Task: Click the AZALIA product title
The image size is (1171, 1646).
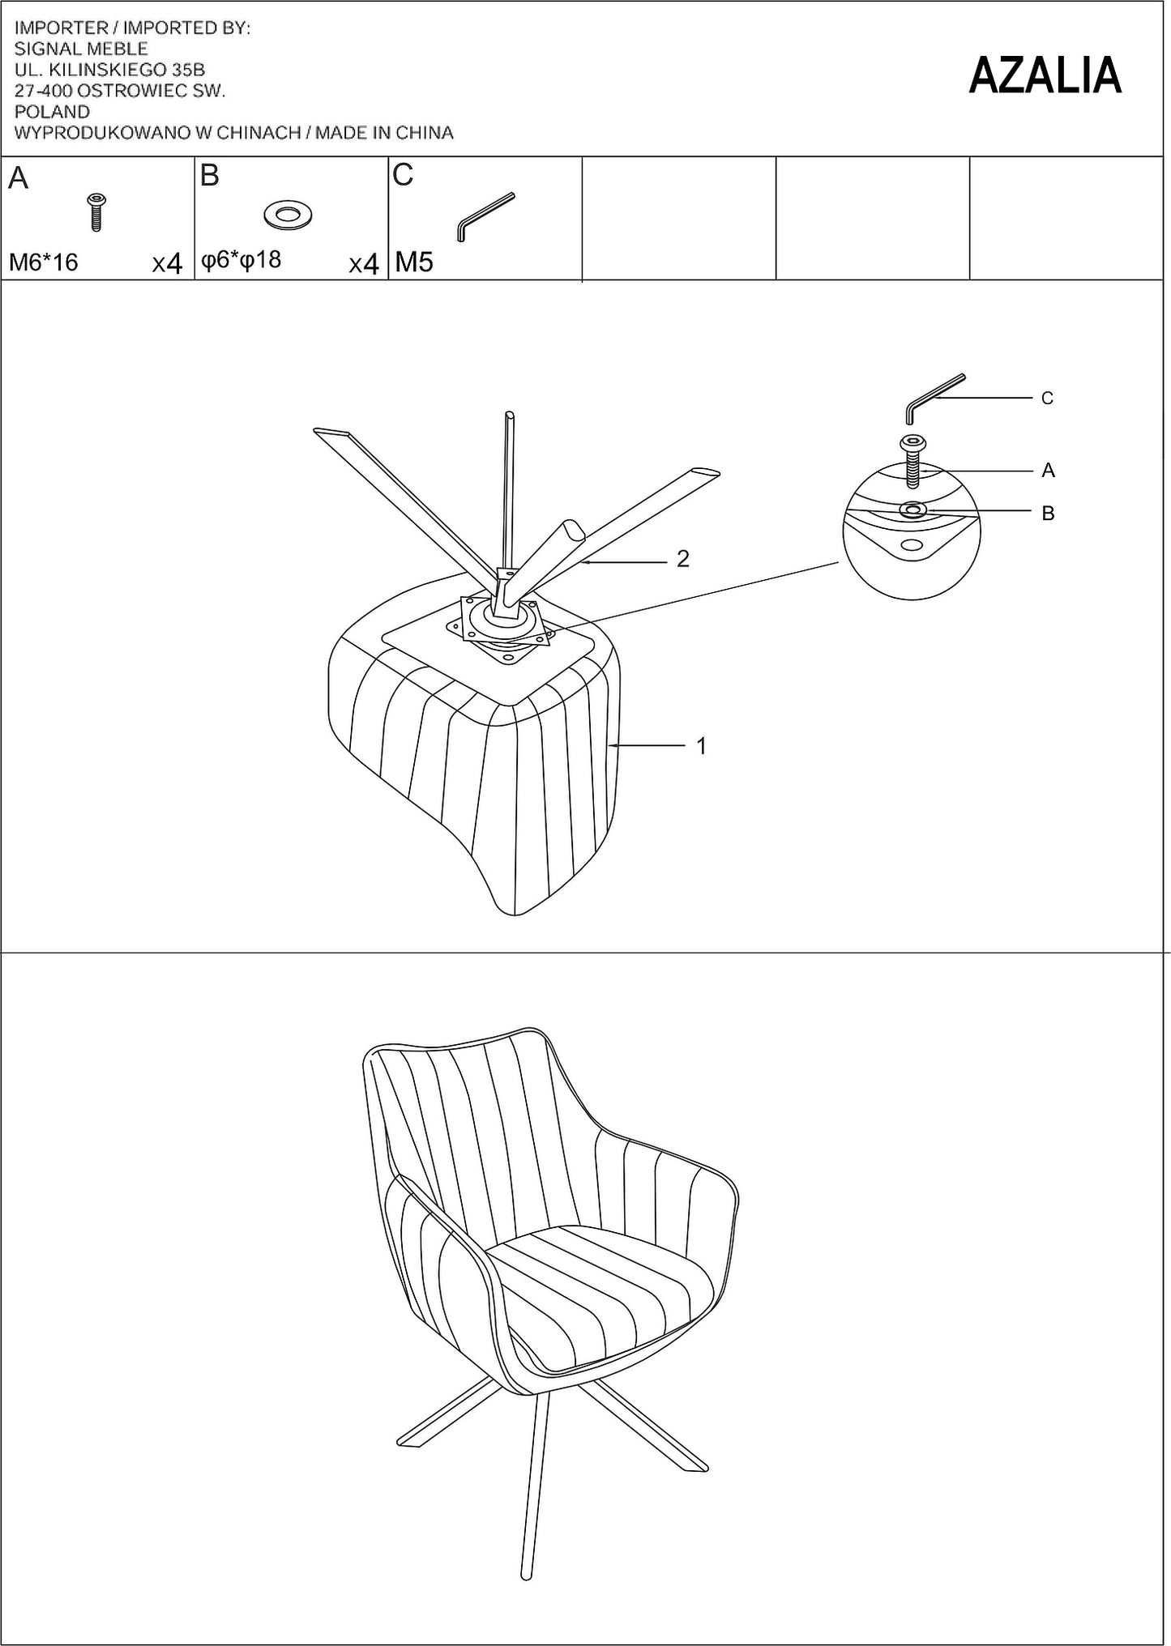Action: (x=1045, y=75)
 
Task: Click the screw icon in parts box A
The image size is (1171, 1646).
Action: (x=97, y=212)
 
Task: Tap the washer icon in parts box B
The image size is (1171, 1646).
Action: (x=288, y=215)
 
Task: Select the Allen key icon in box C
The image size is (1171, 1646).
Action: (x=485, y=215)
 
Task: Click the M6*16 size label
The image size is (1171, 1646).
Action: (x=44, y=262)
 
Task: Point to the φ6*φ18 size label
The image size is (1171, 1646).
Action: (x=241, y=259)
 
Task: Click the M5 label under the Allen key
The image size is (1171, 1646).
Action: (x=414, y=262)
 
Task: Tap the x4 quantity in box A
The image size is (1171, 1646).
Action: (x=168, y=263)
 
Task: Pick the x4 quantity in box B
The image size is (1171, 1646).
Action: (x=364, y=264)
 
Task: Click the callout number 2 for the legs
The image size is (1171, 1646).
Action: (x=683, y=558)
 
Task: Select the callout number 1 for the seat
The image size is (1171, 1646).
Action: (x=702, y=745)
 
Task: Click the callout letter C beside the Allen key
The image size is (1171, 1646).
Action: (x=1047, y=398)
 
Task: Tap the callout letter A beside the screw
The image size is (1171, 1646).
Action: (x=1048, y=470)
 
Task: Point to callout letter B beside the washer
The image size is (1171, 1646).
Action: (x=1048, y=513)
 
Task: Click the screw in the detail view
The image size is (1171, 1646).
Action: (x=912, y=461)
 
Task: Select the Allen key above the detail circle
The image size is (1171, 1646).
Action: (x=934, y=398)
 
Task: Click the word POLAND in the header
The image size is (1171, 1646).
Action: (x=53, y=112)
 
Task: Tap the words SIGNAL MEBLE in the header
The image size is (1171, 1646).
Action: (x=81, y=49)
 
